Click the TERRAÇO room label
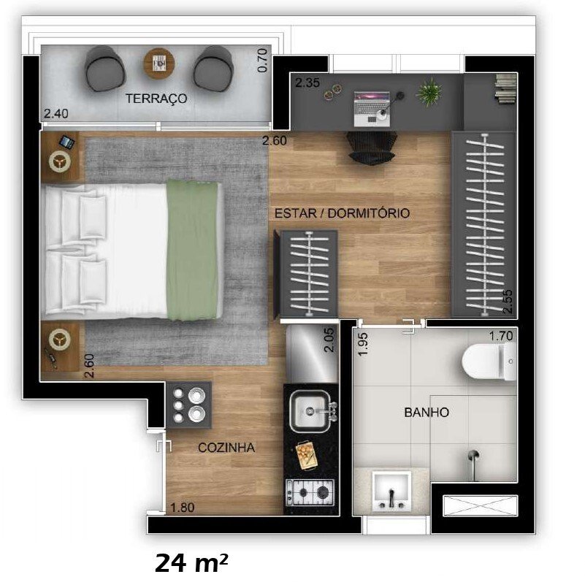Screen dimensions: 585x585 pyautogui.click(x=156, y=98)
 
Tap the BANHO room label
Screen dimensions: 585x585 pyautogui.click(x=426, y=413)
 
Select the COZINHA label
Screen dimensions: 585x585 pyautogui.click(x=226, y=448)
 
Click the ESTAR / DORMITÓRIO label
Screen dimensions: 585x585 pyautogui.click(x=342, y=213)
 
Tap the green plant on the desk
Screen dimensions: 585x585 pyautogui.click(x=429, y=93)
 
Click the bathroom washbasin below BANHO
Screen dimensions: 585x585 pyautogui.click(x=391, y=491)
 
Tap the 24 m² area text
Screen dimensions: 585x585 pyautogui.click(x=191, y=563)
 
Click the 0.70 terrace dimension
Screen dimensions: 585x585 pyautogui.click(x=263, y=60)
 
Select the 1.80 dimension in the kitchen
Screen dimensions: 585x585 pyautogui.click(x=182, y=508)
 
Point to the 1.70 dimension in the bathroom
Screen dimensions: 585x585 pyautogui.click(x=502, y=337)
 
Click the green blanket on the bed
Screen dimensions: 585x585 pyautogui.click(x=194, y=251)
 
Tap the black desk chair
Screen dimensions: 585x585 pyautogui.click(x=371, y=146)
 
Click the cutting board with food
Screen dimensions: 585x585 pyautogui.click(x=305, y=456)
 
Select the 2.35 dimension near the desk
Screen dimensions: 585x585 pyautogui.click(x=307, y=83)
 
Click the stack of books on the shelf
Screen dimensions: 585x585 pyautogui.click(x=505, y=90)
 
